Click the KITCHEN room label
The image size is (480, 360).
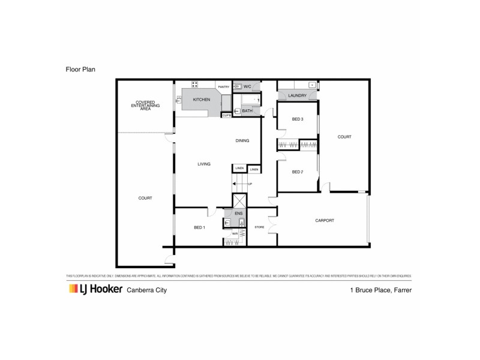pyautogui.click(x=201, y=99)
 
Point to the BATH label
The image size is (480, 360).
pyautogui.click(x=247, y=111)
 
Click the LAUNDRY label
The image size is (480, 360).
pyautogui.click(x=298, y=96)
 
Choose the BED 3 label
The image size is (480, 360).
pyautogui.click(x=298, y=119)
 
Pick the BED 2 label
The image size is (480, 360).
pyautogui.click(x=298, y=172)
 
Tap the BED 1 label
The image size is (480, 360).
pyautogui.click(x=200, y=228)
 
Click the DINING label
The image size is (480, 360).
pyautogui.click(x=242, y=141)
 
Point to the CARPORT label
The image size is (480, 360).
pyautogui.click(x=325, y=221)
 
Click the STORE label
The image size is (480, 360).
pyautogui.click(x=259, y=227)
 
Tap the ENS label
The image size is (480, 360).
pyautogui.click(x=238, y=213)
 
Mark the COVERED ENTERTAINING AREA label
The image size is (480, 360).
pyautogui.click(x=146, y=106)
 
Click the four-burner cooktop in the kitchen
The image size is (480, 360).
pyautogui.click(x=195, y=85)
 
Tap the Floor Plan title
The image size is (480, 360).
pyautogui.click(x=81, y=70)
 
